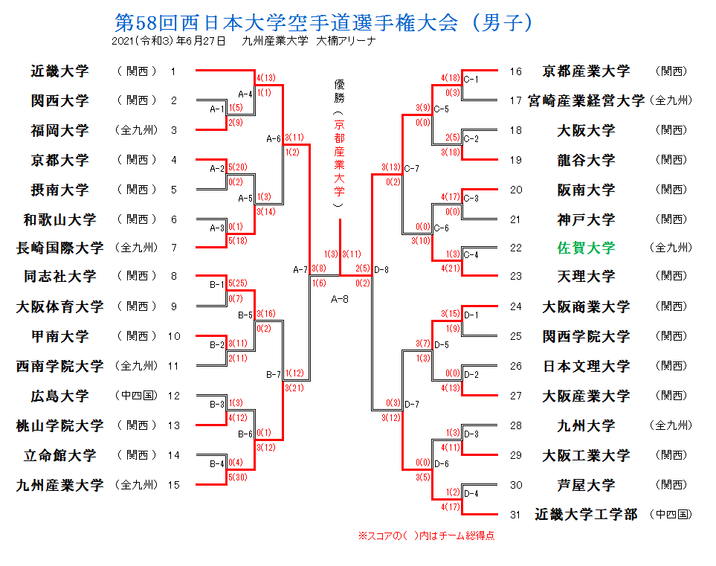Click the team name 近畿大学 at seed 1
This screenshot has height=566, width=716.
[x=59, y=71]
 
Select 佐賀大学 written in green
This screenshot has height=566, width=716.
[x=586, y=248]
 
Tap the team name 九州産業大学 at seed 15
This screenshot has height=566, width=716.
[x=59, y=485]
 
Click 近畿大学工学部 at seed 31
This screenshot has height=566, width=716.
[x=586, y=514]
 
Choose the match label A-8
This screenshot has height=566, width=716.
[x=340, y=299]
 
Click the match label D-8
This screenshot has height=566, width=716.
[x=382, y=269]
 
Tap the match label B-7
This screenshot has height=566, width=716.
[x=274, y=374]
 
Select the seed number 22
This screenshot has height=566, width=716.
[x=516, y=248]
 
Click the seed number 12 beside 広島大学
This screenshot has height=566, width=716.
[x=174, y=396]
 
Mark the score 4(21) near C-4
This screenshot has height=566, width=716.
[x=451, y=268]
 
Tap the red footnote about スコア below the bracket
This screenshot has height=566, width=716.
[x=427, y=535]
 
